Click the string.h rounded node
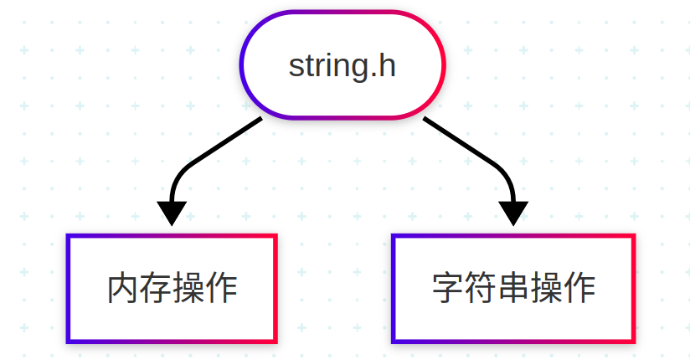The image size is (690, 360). [342, 64]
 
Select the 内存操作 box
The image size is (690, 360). [172, 289]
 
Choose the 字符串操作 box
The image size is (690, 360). [513, 289]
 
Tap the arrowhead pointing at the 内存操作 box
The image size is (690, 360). [172, 213]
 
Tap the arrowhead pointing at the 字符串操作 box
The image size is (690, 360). [513, 213]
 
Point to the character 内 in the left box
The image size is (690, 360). [123, 289]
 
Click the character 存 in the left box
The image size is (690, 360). [156, 289]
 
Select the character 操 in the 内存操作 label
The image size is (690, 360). [188, 289]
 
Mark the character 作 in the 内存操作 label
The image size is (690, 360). [221, 289]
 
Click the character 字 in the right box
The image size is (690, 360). [448, 289]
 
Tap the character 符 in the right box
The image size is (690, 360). [481, 289]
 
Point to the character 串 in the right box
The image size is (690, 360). [513, 289]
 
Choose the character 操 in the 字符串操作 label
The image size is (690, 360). [546, 289]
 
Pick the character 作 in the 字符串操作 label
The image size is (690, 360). [579, 289]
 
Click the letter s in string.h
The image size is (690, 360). [296, 67]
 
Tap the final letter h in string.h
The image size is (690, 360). [386, 65]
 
